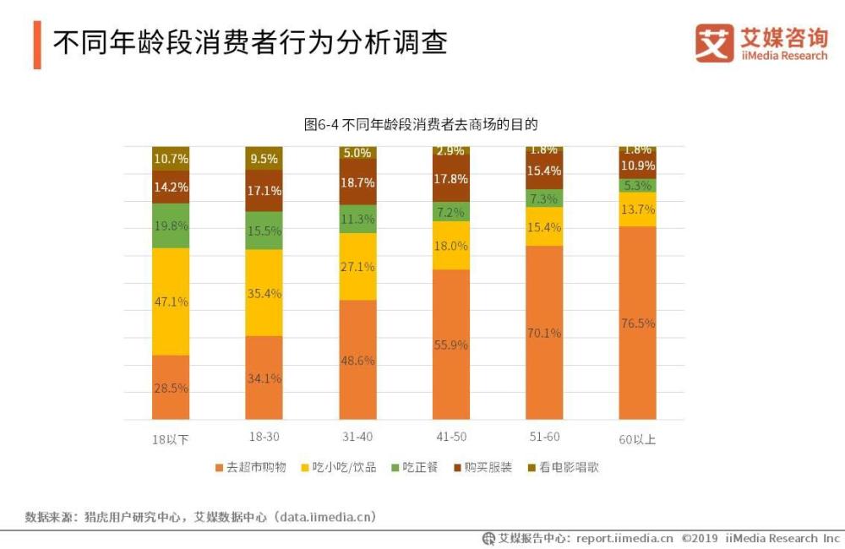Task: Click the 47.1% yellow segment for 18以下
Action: (x=171, y=302)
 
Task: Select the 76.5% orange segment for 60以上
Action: (x=637, y=323)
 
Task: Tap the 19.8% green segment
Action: (x=171, y=226)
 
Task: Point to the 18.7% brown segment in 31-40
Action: (x=357, y=182)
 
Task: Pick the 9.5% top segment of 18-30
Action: (x=264, y=158)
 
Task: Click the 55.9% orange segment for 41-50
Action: (x=450, y=345)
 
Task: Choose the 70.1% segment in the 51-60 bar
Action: (x=544, y=333)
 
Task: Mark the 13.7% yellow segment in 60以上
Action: (x=637, y=209)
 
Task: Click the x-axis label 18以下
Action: (x=170, y=439)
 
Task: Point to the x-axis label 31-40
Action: (x=357, y=439)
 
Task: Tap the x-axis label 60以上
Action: (x=637, y=439)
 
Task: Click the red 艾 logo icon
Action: (x=714, y=43)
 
